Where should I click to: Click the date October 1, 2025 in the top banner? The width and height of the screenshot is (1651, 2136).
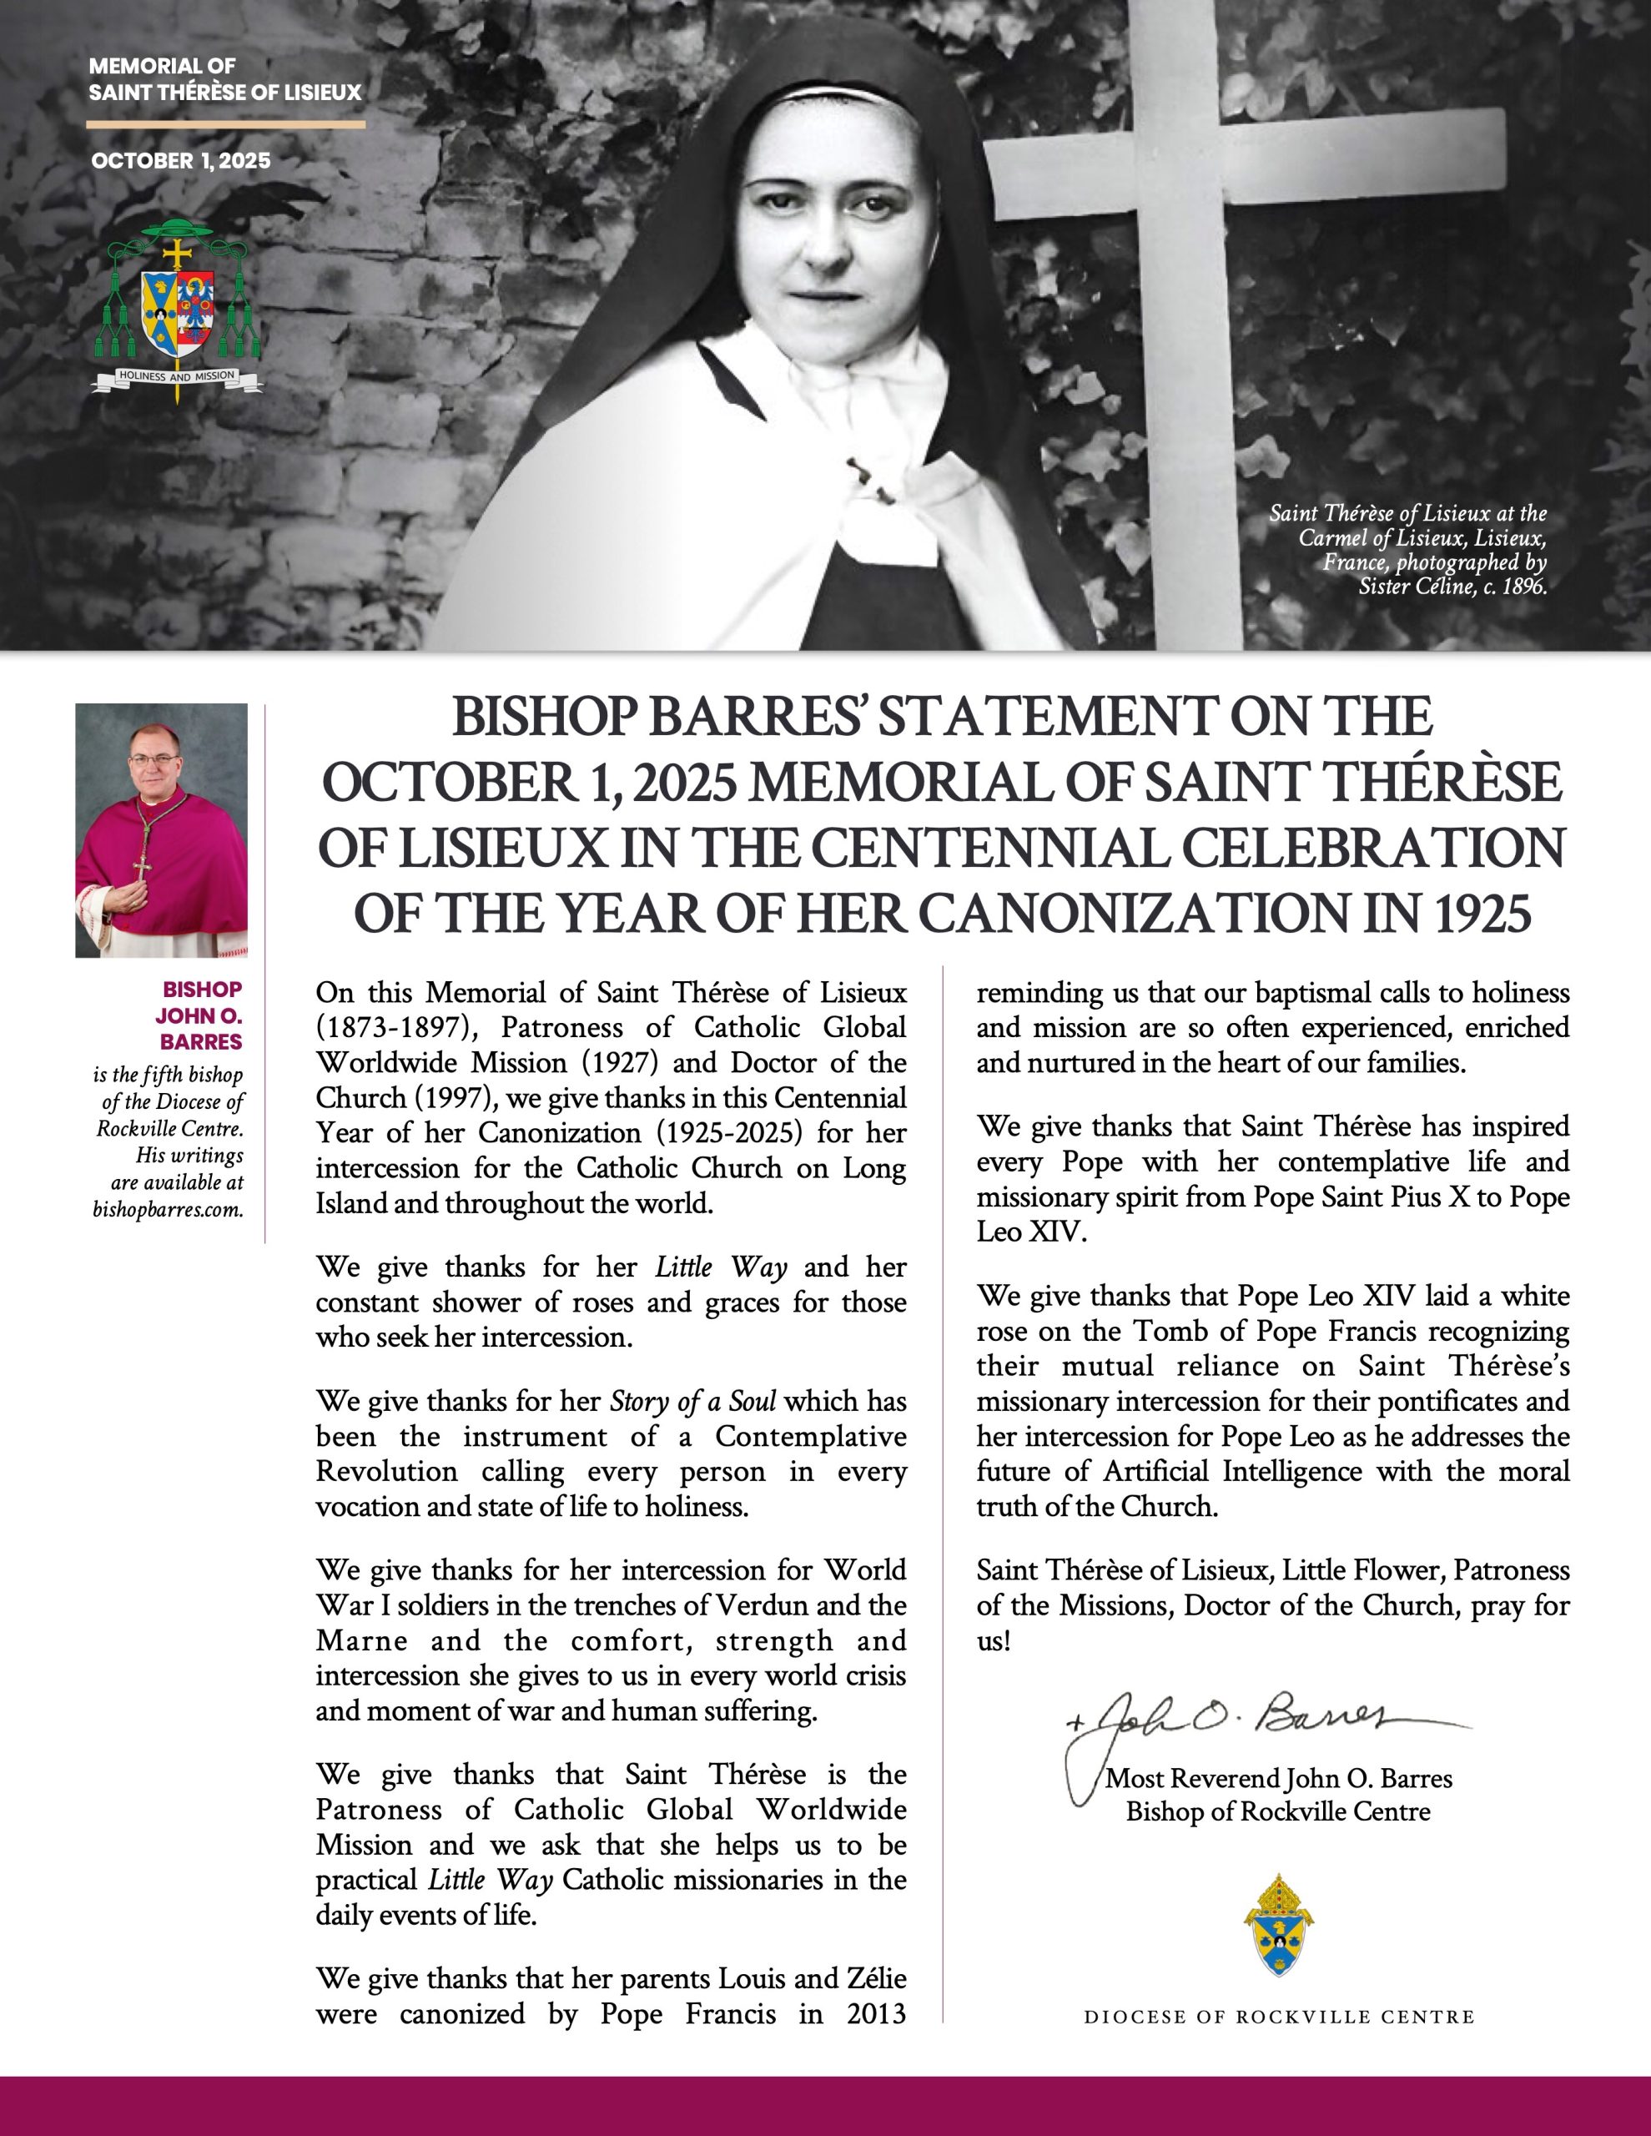(x=181, y=161)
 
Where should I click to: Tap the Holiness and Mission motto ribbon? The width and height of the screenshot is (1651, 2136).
(x=177, y=376)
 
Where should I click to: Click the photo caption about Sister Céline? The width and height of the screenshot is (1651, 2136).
(x=1408, y=550)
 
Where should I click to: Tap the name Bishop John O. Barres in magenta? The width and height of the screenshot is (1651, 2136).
(x=200, y=1015)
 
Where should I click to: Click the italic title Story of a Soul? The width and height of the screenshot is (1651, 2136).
(x=692, y=1402)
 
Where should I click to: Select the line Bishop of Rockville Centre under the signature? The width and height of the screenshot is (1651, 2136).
(x=1277, y=1812)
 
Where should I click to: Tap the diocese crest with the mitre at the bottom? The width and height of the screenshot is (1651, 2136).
(x=1278, y=1926)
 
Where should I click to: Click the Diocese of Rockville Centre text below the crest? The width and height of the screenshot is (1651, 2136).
(x=1278, y=2018)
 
